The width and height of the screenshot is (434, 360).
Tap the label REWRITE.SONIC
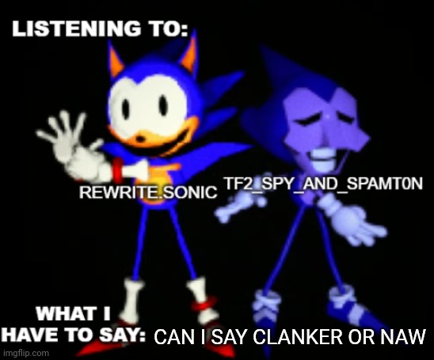pos(148,192)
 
